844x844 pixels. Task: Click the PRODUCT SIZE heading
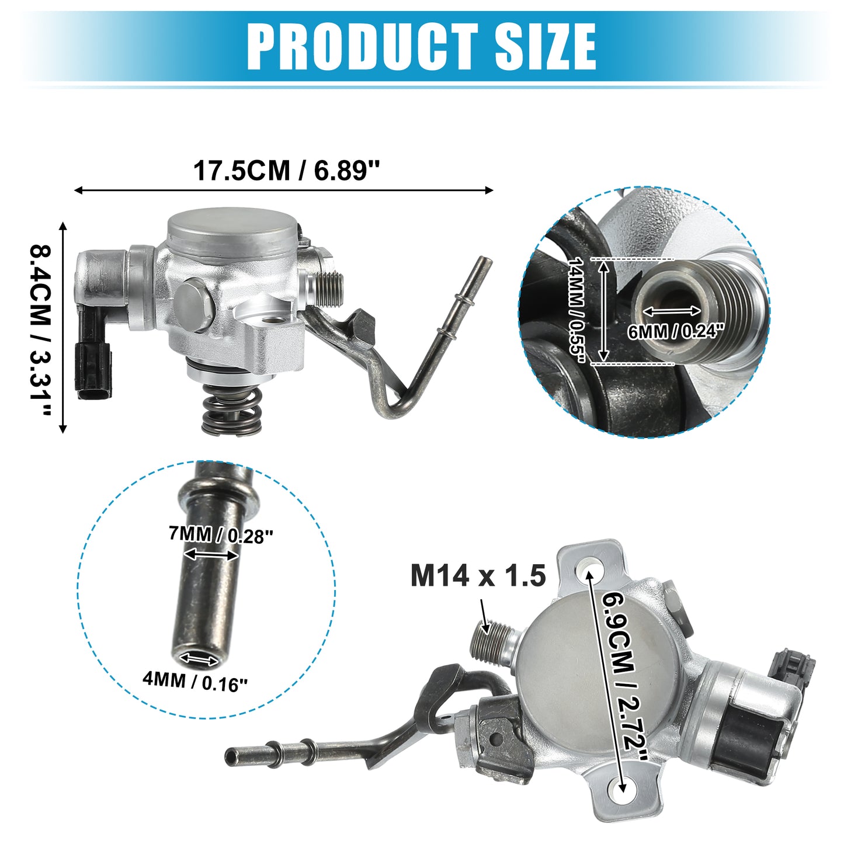421,46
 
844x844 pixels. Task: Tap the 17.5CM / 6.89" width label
286,171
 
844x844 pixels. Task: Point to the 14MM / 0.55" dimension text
577,310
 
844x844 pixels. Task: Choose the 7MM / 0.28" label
221,535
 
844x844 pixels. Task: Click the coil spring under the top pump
232,411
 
